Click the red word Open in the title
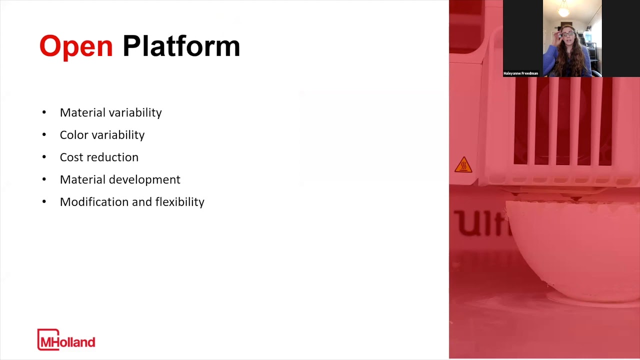76,46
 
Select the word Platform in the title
181,46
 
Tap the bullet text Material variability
110,112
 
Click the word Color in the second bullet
72,135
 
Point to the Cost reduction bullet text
99,157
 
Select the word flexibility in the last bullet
179,202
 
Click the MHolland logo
66,339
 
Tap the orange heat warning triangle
463,165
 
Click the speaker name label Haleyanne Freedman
520,73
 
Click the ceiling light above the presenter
564,9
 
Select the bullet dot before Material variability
44,112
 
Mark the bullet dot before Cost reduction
44,157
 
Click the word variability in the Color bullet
121,135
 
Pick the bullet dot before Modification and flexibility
44,202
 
